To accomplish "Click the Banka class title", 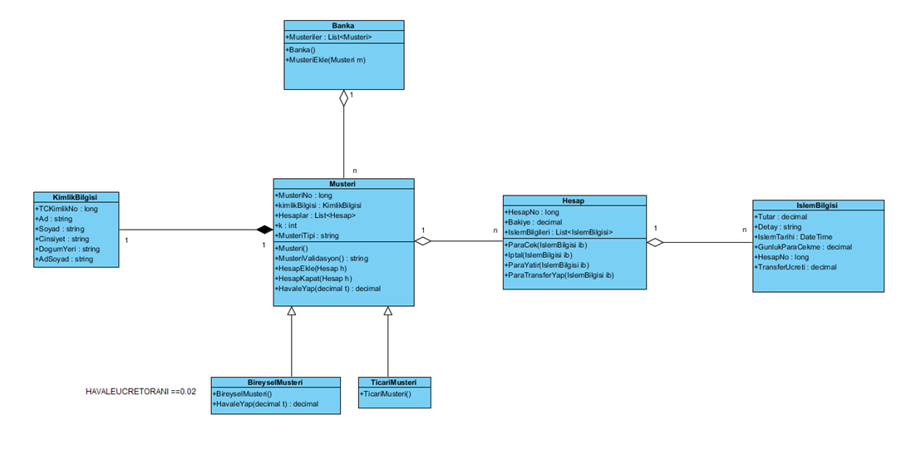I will tap(343, 26).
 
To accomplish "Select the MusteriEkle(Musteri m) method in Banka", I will tap(326, 60).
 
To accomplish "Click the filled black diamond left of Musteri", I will tap(263, 230).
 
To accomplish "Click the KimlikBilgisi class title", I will tap(75, 197).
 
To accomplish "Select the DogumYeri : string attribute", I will tap(67, 249).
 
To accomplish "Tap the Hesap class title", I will tap(574, 200).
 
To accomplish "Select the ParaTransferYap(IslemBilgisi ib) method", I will tap(559, 274).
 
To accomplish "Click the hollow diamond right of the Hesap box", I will tap(656, 242).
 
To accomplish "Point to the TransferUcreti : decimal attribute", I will tap(795, 267).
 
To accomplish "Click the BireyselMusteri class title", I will tap(275, 383).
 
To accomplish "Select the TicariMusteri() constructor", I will tap(387, 393).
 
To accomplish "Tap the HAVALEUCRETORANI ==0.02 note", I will tap(140, 391).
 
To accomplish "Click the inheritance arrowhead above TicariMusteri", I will tap(387, 311).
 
